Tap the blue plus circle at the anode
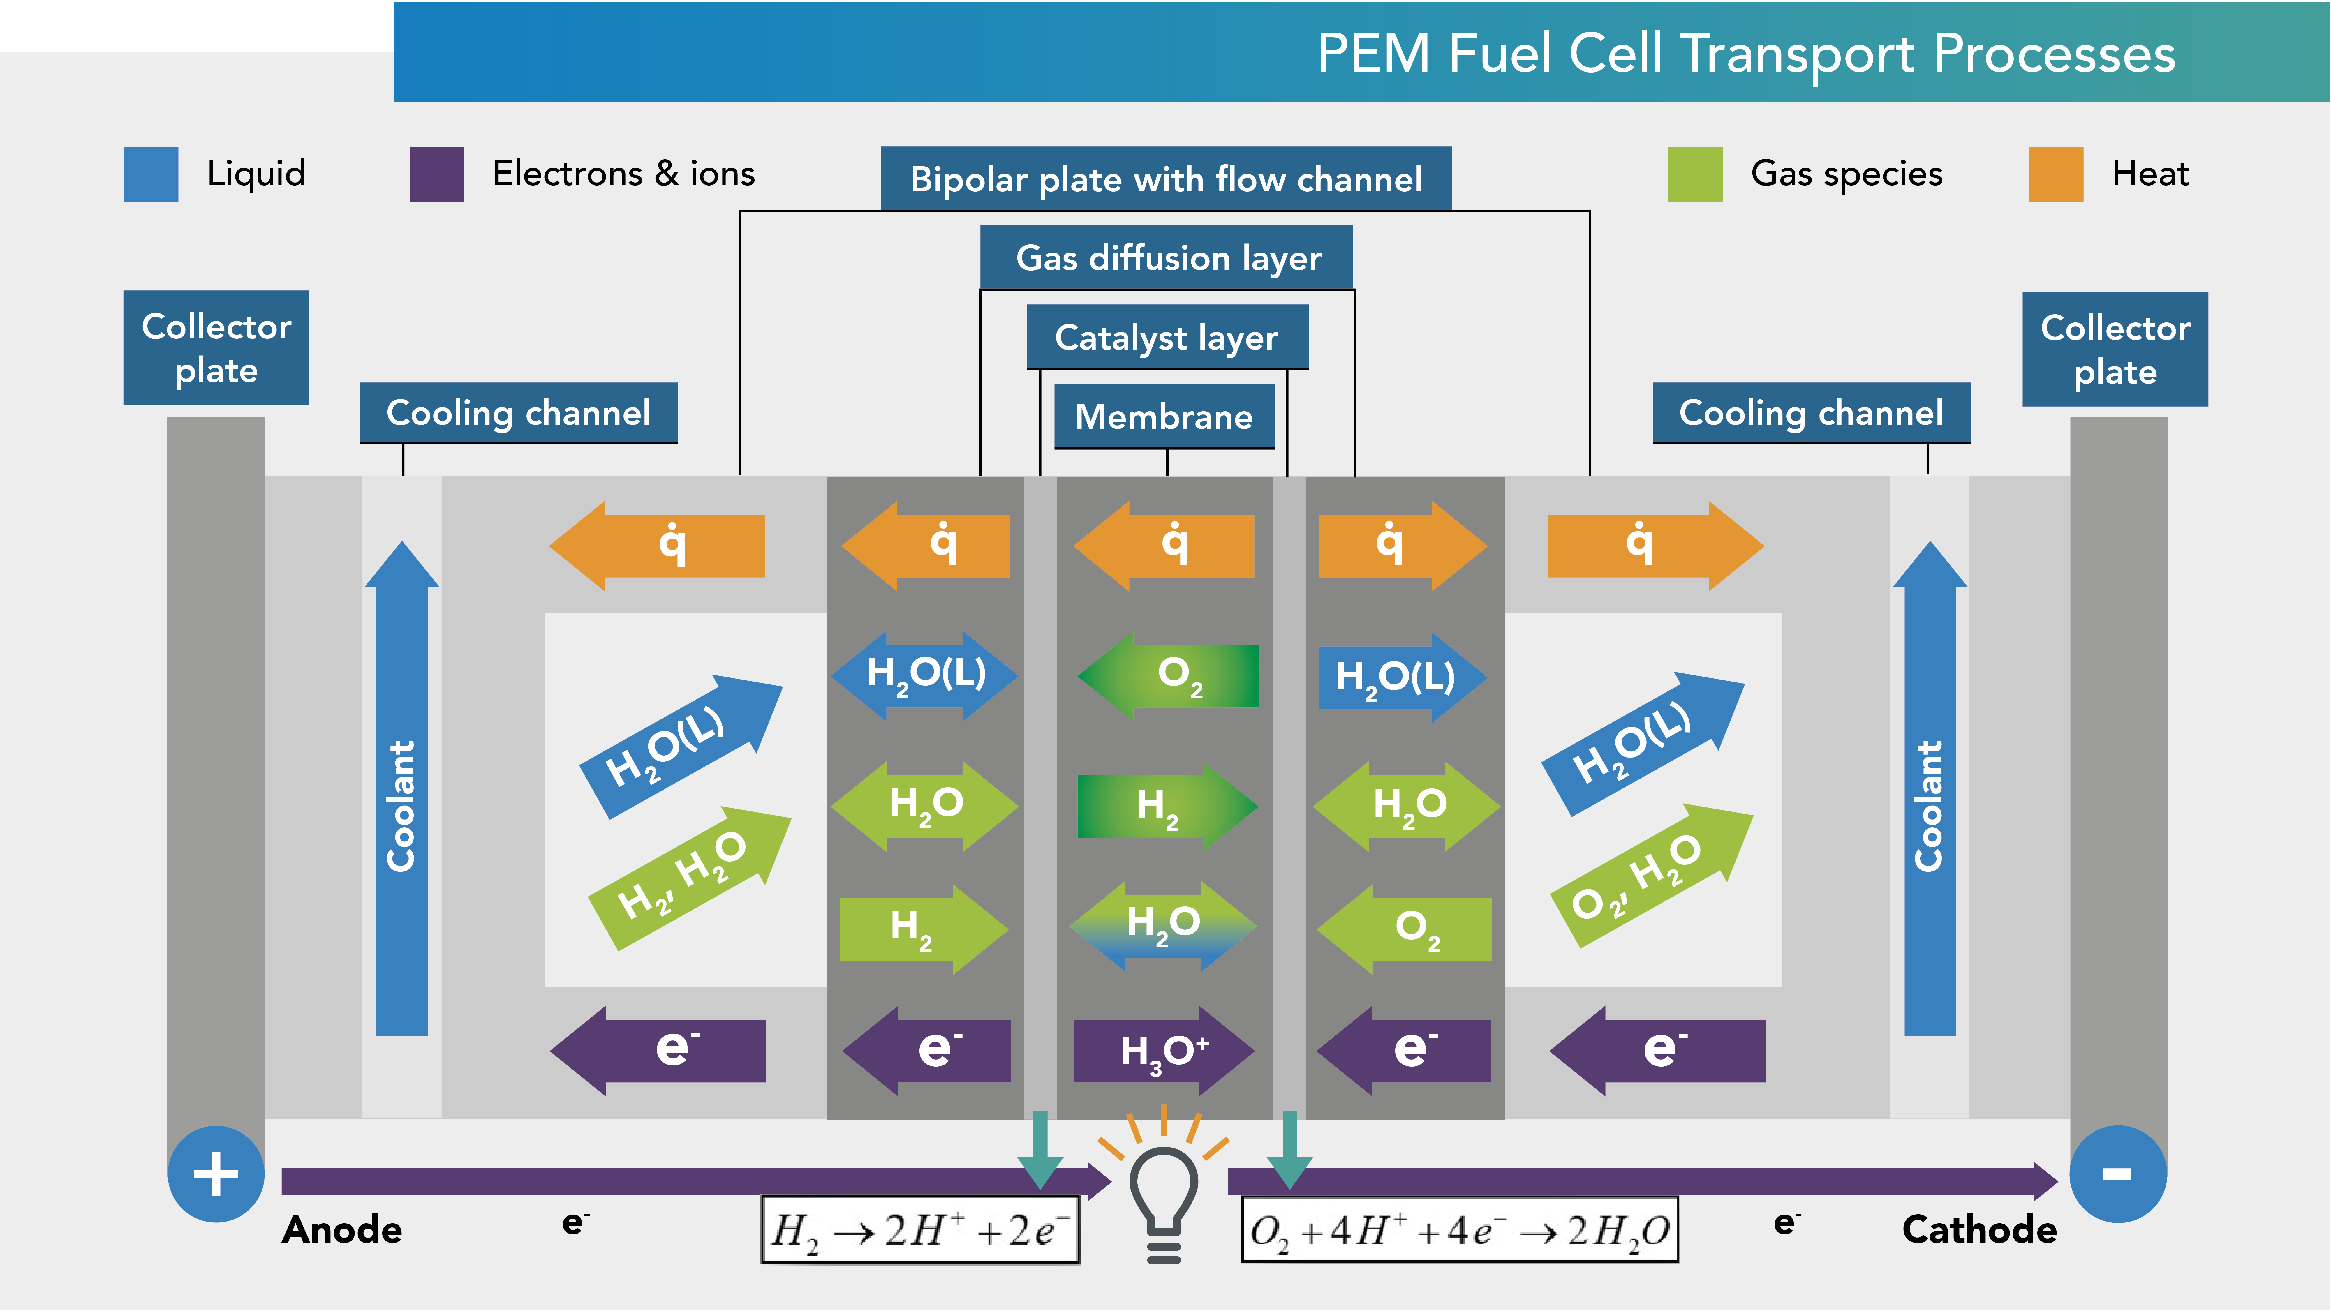tap(216, 1174)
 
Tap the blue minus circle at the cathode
tap(2117, 1174)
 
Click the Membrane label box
tap(1164, 416)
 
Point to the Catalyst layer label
tap(1167, 338)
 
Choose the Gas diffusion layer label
tap(1167, 258)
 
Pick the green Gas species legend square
tap(1695, 174)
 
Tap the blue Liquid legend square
tap(151, 174)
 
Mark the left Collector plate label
tap(216, 348)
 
